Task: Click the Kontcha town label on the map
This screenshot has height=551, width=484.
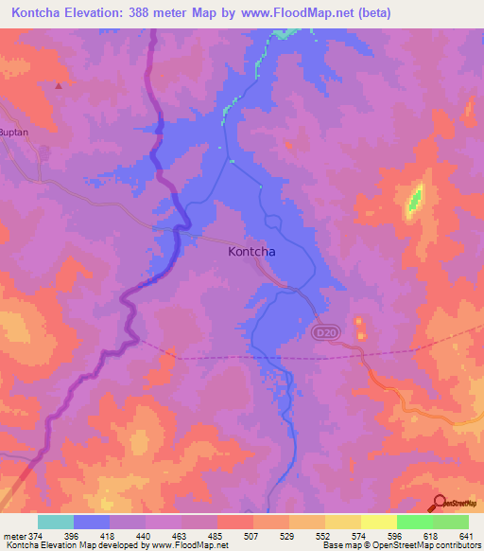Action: [x=259, y=253]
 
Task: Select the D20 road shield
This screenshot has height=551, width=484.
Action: [x=324, y=332]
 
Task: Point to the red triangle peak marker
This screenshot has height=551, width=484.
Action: [x=59, y=86]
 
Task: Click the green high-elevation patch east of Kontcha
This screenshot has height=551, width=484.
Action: [x=414, y=200]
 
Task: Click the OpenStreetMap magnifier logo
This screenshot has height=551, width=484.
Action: [x=440, y=504]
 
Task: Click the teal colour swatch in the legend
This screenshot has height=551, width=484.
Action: [x=56, y=522]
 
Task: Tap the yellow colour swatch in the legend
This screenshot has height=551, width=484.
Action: [x=378, y=522]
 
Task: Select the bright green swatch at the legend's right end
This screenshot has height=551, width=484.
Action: [x=450, y=522]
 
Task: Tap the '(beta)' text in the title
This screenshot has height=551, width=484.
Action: [x=370, y=13]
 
